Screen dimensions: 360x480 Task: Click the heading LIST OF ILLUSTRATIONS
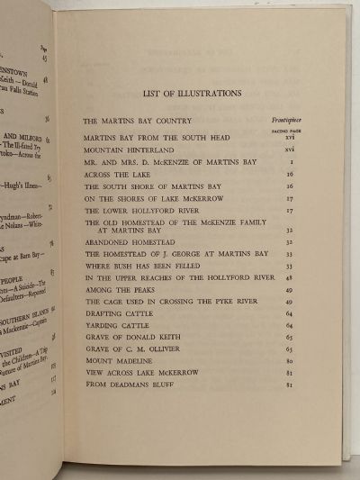click(191, 92)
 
